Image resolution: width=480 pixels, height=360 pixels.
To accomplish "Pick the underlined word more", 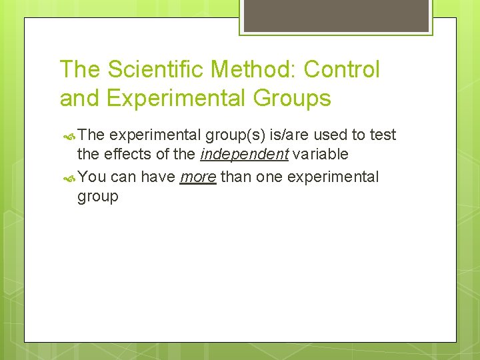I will coord(198,177).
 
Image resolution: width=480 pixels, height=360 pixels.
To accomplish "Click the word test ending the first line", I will coord(383,135).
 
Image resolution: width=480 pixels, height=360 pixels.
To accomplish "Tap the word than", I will coord(235,177).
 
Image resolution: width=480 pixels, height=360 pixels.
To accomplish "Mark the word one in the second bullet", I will coord(268,177).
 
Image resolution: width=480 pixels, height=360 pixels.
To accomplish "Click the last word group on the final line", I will coord(98,197).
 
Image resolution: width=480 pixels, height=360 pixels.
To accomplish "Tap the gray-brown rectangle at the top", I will coord(336,15).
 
